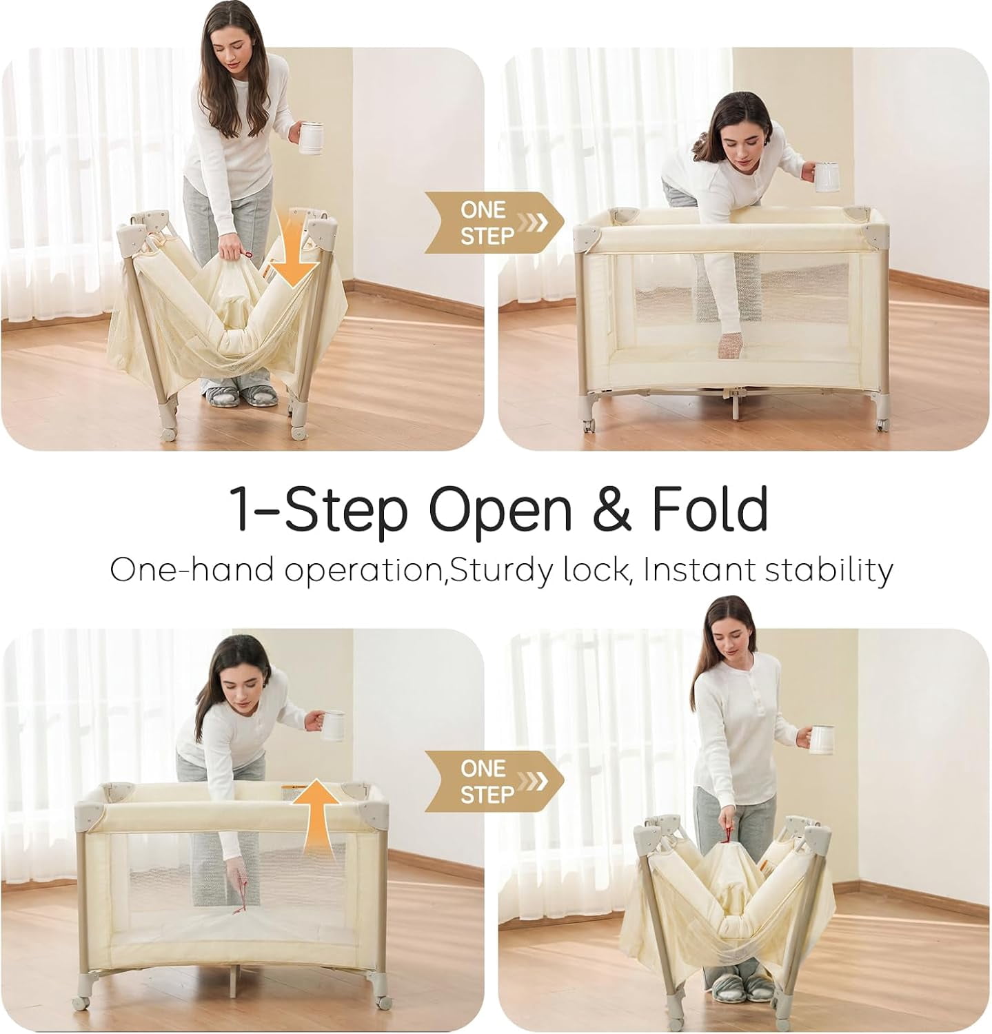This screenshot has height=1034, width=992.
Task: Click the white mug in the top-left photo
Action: tap(312, 136)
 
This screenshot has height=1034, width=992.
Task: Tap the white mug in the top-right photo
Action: tap(827, 176)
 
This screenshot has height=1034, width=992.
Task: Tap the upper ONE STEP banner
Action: tap(494, 222)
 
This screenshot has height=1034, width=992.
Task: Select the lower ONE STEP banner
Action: tap(494, 781)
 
